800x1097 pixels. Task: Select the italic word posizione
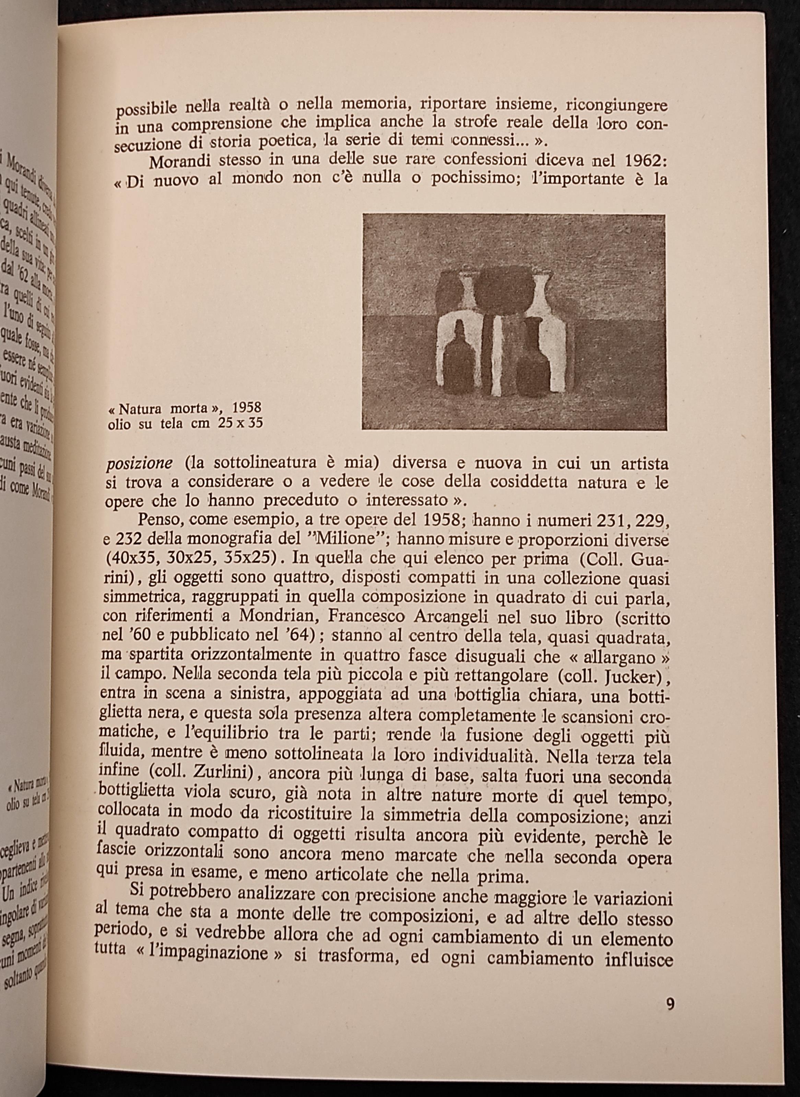(x=139, y=463)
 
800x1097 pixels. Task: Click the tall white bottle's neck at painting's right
(x=543, y=287)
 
